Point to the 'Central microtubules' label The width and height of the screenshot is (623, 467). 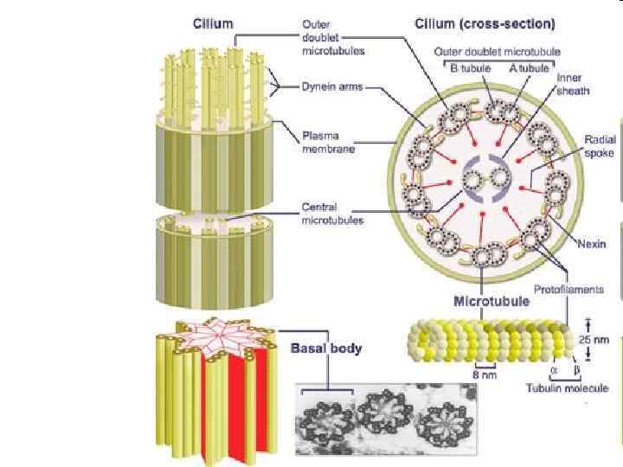tap(332, 214)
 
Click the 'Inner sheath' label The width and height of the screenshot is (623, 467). tap(569, 83)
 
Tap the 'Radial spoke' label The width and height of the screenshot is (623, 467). tap(599, 144)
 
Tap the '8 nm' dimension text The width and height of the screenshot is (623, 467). tap(483, 375)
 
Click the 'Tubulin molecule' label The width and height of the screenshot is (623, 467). tap(563, 388)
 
